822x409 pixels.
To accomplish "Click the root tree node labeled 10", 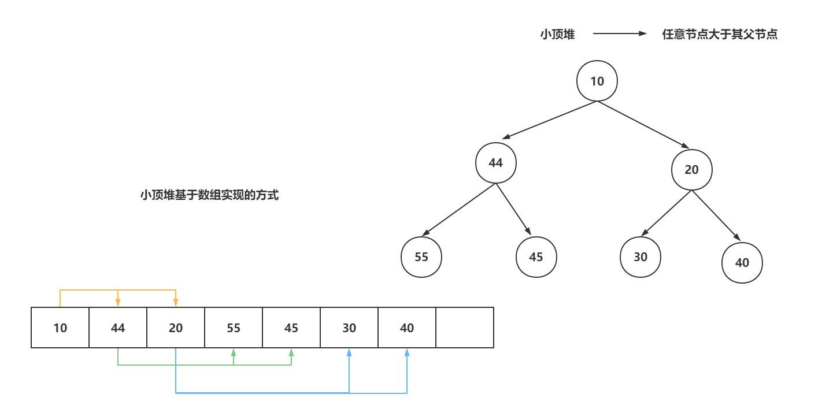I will [597, 81].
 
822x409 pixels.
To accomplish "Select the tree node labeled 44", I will [495, 163].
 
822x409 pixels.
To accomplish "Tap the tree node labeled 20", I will [692, 170].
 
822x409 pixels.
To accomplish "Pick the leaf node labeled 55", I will [421, 256].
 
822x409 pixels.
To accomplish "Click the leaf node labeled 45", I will [536, 256].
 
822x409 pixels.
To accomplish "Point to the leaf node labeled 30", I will [640, 256].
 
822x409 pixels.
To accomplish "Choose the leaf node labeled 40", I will [742, 263].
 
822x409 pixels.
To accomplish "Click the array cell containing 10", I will [60, 328].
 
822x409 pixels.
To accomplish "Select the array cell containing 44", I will [118, 328].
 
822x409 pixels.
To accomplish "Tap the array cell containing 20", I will [176, 328].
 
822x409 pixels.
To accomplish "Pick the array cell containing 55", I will [234, 328].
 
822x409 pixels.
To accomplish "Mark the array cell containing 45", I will [291, 328].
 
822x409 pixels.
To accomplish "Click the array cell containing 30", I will [349, 328].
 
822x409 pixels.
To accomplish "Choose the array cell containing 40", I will [407, 328].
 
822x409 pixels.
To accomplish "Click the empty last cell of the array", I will [465, 328].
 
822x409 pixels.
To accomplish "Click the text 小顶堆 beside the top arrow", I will [557, 35].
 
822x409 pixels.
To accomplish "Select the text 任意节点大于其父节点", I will [720, 35].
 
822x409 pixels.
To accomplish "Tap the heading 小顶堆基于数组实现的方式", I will [209, 195].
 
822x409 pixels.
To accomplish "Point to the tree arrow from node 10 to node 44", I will [549, 120].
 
